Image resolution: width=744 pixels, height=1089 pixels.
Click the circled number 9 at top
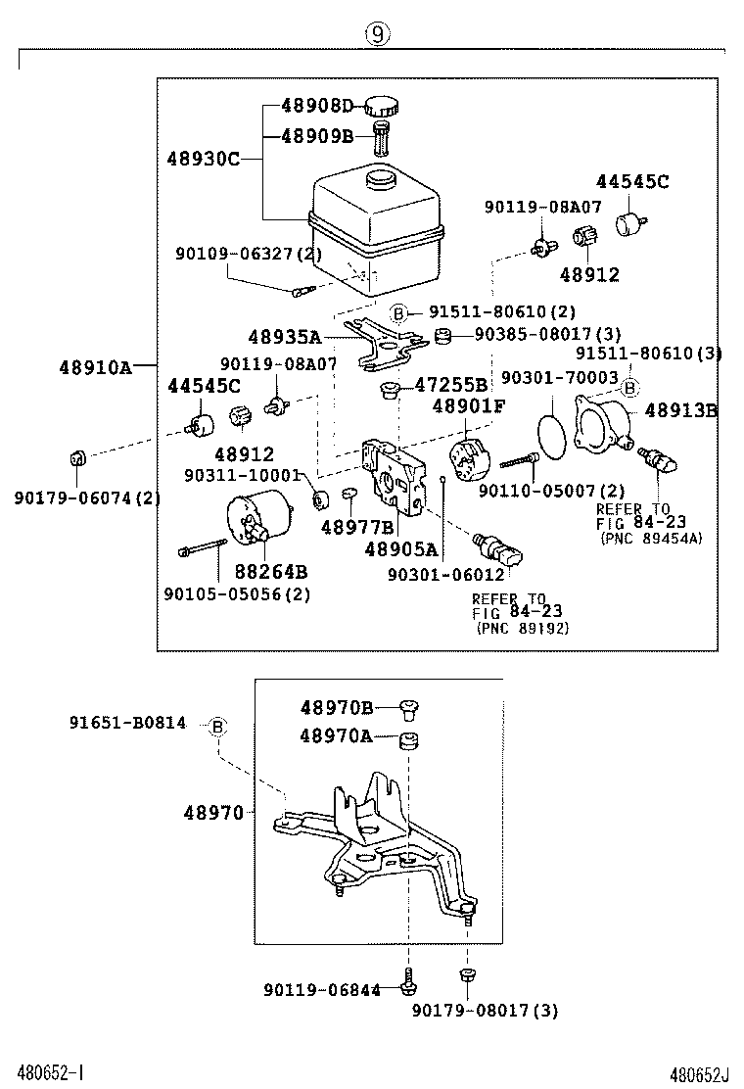(x=378, y=34)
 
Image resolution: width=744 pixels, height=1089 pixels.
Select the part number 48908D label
(x=316, y=106)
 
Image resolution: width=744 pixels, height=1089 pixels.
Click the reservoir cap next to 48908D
(x=381, y=106)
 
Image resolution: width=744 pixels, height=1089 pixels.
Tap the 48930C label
(x=203, y=158)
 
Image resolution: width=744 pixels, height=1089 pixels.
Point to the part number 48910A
(x=94, y=367)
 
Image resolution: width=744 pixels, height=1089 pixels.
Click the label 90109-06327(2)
(x=249, y=254)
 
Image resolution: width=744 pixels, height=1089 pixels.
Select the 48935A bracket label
(x=284, y=337)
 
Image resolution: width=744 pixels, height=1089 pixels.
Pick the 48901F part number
(x=469, y=406)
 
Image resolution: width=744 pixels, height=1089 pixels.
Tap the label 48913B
(x=680, y=411)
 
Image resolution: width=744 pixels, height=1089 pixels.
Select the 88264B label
(x=270, y=571)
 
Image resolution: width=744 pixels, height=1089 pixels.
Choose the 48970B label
(x=337, y=707)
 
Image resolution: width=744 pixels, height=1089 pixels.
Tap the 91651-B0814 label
(x=127, y=724)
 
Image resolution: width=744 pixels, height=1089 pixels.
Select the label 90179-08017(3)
(x=485, y=1010)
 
